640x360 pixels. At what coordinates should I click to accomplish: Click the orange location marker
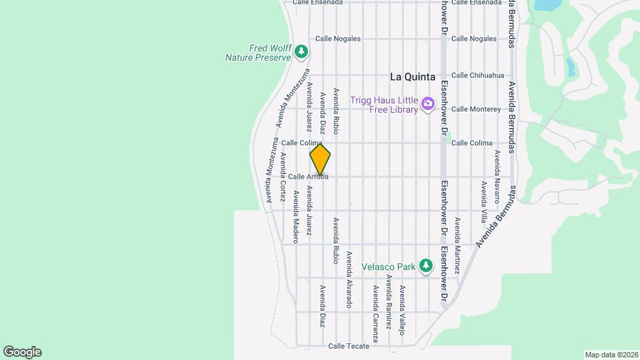click(320, 159)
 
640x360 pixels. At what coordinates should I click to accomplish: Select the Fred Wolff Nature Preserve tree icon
click(302, 51)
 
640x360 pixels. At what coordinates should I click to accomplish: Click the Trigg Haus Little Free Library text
click(385, 105)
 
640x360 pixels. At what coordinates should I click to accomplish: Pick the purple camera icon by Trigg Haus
click(427, 105)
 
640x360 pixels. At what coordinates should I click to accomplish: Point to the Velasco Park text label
click(388, 267)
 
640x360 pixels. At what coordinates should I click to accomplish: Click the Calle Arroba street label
click(308, 177)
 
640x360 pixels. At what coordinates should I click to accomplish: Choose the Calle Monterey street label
click(475, 109)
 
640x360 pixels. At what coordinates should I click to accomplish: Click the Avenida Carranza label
click(375, 313)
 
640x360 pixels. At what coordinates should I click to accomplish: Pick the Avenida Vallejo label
click(402, 305)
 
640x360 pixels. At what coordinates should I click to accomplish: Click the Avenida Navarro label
click(497, 171)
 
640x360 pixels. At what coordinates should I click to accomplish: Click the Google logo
click(22, 352)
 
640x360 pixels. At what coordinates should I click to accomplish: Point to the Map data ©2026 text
click(611, 355)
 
